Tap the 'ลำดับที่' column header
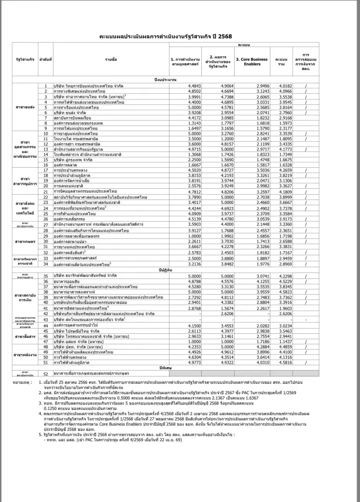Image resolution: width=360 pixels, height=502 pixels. (x=45, y=60)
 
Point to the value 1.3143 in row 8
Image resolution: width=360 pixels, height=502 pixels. (x=182, y=123)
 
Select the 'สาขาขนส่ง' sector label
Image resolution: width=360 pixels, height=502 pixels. (x=24, y=107)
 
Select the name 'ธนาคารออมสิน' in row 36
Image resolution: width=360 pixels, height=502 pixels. (x=69, y=281)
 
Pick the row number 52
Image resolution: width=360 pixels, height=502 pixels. (x=45, y=374)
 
